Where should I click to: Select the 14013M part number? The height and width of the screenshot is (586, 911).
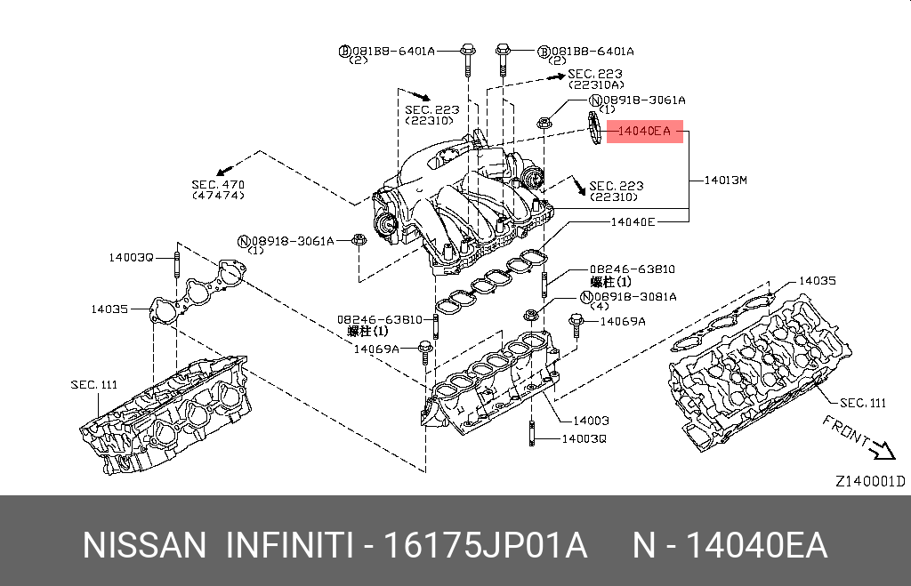point(725,181)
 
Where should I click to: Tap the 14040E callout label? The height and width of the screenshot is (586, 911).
point(633,221)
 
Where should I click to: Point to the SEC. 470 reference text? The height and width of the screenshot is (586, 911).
point(218,185)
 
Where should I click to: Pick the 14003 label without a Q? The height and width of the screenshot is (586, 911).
point(591,421)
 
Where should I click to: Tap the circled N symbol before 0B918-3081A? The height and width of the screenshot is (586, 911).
point(586,296)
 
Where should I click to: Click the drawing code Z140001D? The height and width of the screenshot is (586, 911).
point(869,481)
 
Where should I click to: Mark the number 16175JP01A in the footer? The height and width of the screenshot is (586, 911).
point(485,545)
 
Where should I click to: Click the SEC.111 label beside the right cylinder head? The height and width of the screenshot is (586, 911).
point(863,403)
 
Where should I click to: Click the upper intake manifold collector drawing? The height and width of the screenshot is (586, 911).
point(463,200)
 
